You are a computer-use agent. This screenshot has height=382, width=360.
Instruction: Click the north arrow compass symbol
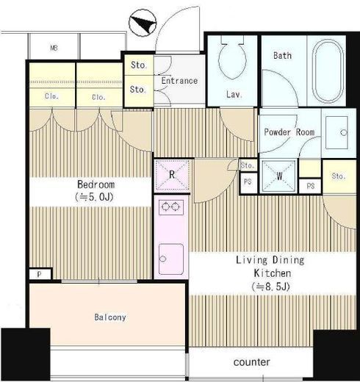pyautogui.click(x=143, y=23)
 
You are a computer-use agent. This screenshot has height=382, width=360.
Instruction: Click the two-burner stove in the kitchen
pyautogui.click(x=171, y=207)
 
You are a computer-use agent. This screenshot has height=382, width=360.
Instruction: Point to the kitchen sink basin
pyautogui.click(x=171, y=259)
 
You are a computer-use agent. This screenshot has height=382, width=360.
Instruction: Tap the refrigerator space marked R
pyautogui.click(x=172, y=175)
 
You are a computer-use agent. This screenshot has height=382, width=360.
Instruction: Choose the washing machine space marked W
pyautogui.click(x=278, y=176)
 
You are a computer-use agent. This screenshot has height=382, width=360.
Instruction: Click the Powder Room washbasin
pyautogui.click(x=336, y=132)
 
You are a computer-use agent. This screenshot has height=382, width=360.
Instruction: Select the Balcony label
pyautogui.click(x=110, y=317)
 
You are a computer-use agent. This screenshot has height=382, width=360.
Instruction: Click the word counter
pyautogui.click(x=252, y=362)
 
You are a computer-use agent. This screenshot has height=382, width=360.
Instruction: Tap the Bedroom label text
pyautogui.click(x=96, y=184)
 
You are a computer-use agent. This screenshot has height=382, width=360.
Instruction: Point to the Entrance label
pyautogui.click(x=179, y=81)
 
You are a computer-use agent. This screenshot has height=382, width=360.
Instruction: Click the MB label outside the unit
pyautogui.click(x=54, y=48)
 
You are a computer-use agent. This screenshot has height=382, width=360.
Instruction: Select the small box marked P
pyautogui.click(x=40, y=274)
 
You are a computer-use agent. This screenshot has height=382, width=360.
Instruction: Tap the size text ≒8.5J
pyautogui.click(x=271, y=286)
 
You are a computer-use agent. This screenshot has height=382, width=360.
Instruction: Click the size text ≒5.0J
pyautogui.click(x=95, y=197)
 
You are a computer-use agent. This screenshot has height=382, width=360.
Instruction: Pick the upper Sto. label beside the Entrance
pyautogui.click(x=139, y=65)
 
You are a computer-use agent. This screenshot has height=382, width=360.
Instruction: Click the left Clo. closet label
pyautogui.click(x=51, y=96)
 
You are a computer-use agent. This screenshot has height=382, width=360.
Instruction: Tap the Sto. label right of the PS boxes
pyautogui.click(x=339, y=176)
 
